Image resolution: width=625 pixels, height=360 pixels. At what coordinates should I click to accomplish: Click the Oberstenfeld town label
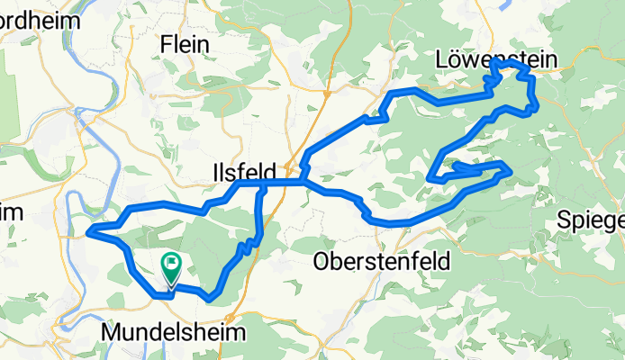382,261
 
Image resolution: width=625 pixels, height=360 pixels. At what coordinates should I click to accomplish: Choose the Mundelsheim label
174,332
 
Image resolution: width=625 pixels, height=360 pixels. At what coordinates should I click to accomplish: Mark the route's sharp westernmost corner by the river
89,235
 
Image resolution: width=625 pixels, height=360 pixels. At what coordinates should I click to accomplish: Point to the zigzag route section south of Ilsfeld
245,247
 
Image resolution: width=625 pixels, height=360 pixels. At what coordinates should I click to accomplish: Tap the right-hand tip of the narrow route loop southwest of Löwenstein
510,169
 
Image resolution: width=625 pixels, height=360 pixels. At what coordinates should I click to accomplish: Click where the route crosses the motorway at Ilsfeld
286,183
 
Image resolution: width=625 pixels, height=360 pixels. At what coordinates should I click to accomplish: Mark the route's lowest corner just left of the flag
163,293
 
